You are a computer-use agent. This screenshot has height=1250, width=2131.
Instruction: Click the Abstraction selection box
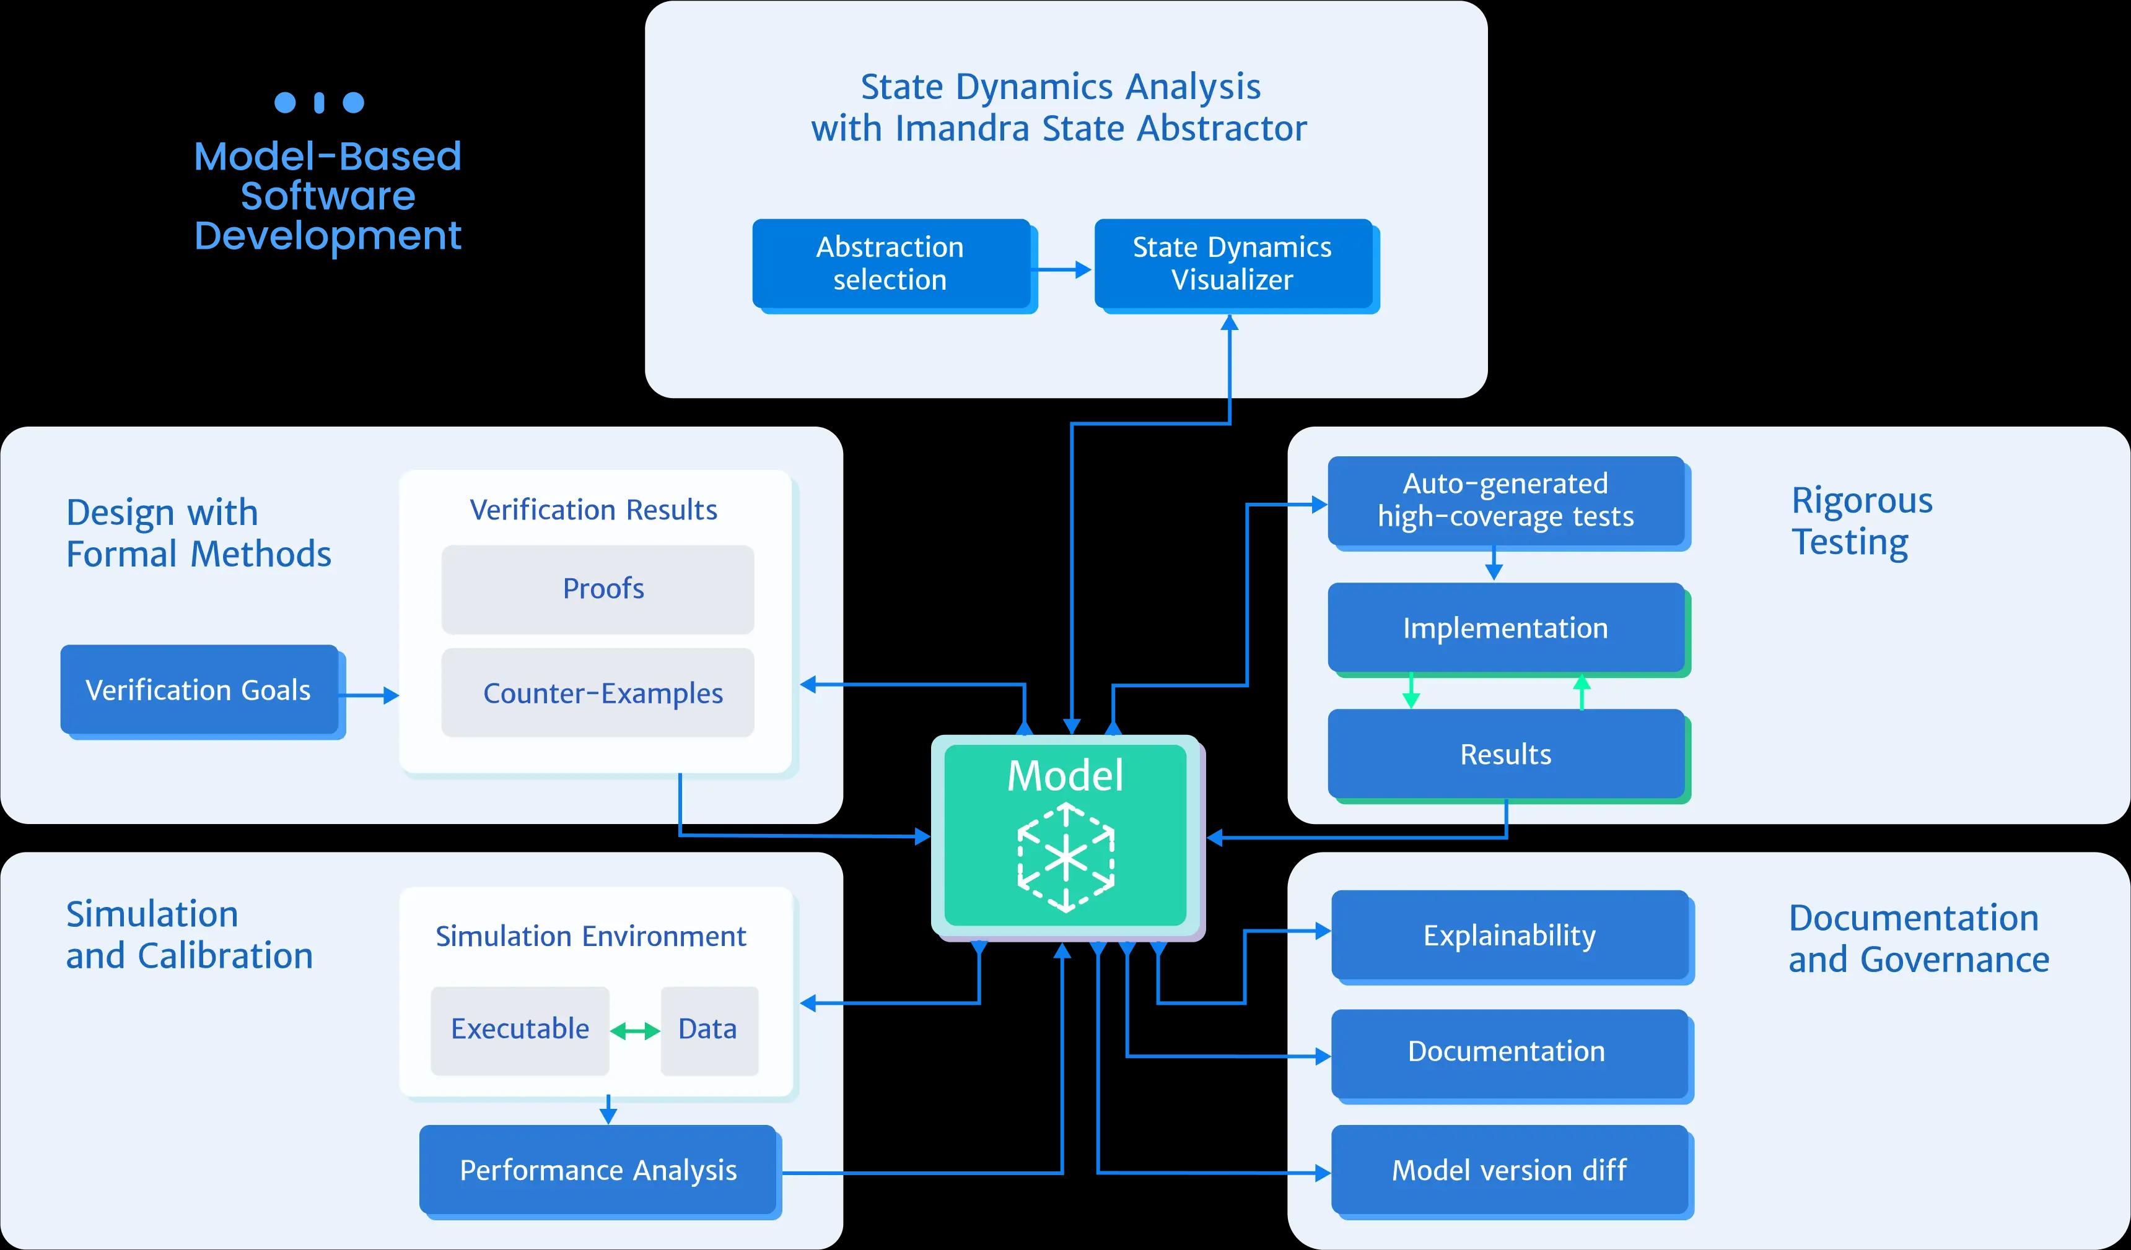890,264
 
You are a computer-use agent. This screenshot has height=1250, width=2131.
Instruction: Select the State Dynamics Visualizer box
1232,264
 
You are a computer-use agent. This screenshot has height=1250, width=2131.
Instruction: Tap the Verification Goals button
199,690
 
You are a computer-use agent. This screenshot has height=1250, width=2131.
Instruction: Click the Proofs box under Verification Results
597,589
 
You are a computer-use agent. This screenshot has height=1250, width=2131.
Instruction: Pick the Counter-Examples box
597,693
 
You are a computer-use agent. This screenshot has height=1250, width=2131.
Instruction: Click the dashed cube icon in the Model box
1065,858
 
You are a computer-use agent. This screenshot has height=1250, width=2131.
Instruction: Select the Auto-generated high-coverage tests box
1505,500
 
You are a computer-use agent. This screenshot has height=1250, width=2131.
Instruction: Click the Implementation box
1505,628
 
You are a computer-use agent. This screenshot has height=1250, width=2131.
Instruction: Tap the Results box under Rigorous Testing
1505,754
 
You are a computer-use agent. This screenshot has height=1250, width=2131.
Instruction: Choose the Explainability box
1510,935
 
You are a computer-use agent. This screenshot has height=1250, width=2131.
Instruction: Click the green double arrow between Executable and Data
635,1031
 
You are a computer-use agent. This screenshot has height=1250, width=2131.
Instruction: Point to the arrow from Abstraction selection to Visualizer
1064,269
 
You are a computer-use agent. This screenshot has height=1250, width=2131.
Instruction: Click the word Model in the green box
1065,775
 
